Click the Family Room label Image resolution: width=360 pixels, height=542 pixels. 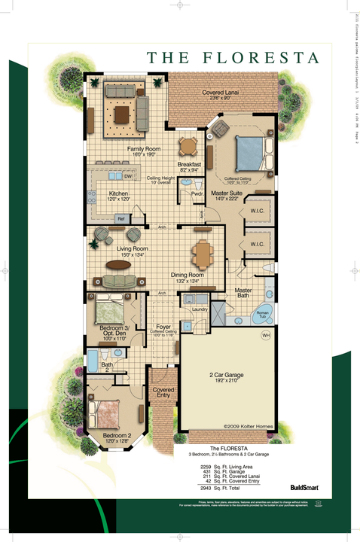point(143,150)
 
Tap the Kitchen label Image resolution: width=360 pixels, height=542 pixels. point(118,194)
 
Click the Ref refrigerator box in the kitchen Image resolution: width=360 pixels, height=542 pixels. point(120,218)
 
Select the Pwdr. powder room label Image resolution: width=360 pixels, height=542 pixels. point(197,194)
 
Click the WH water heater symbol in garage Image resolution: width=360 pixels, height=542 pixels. point(265,336)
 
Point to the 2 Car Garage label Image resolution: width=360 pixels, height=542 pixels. point(227,374)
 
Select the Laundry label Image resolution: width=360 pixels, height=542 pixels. point(200,309)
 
